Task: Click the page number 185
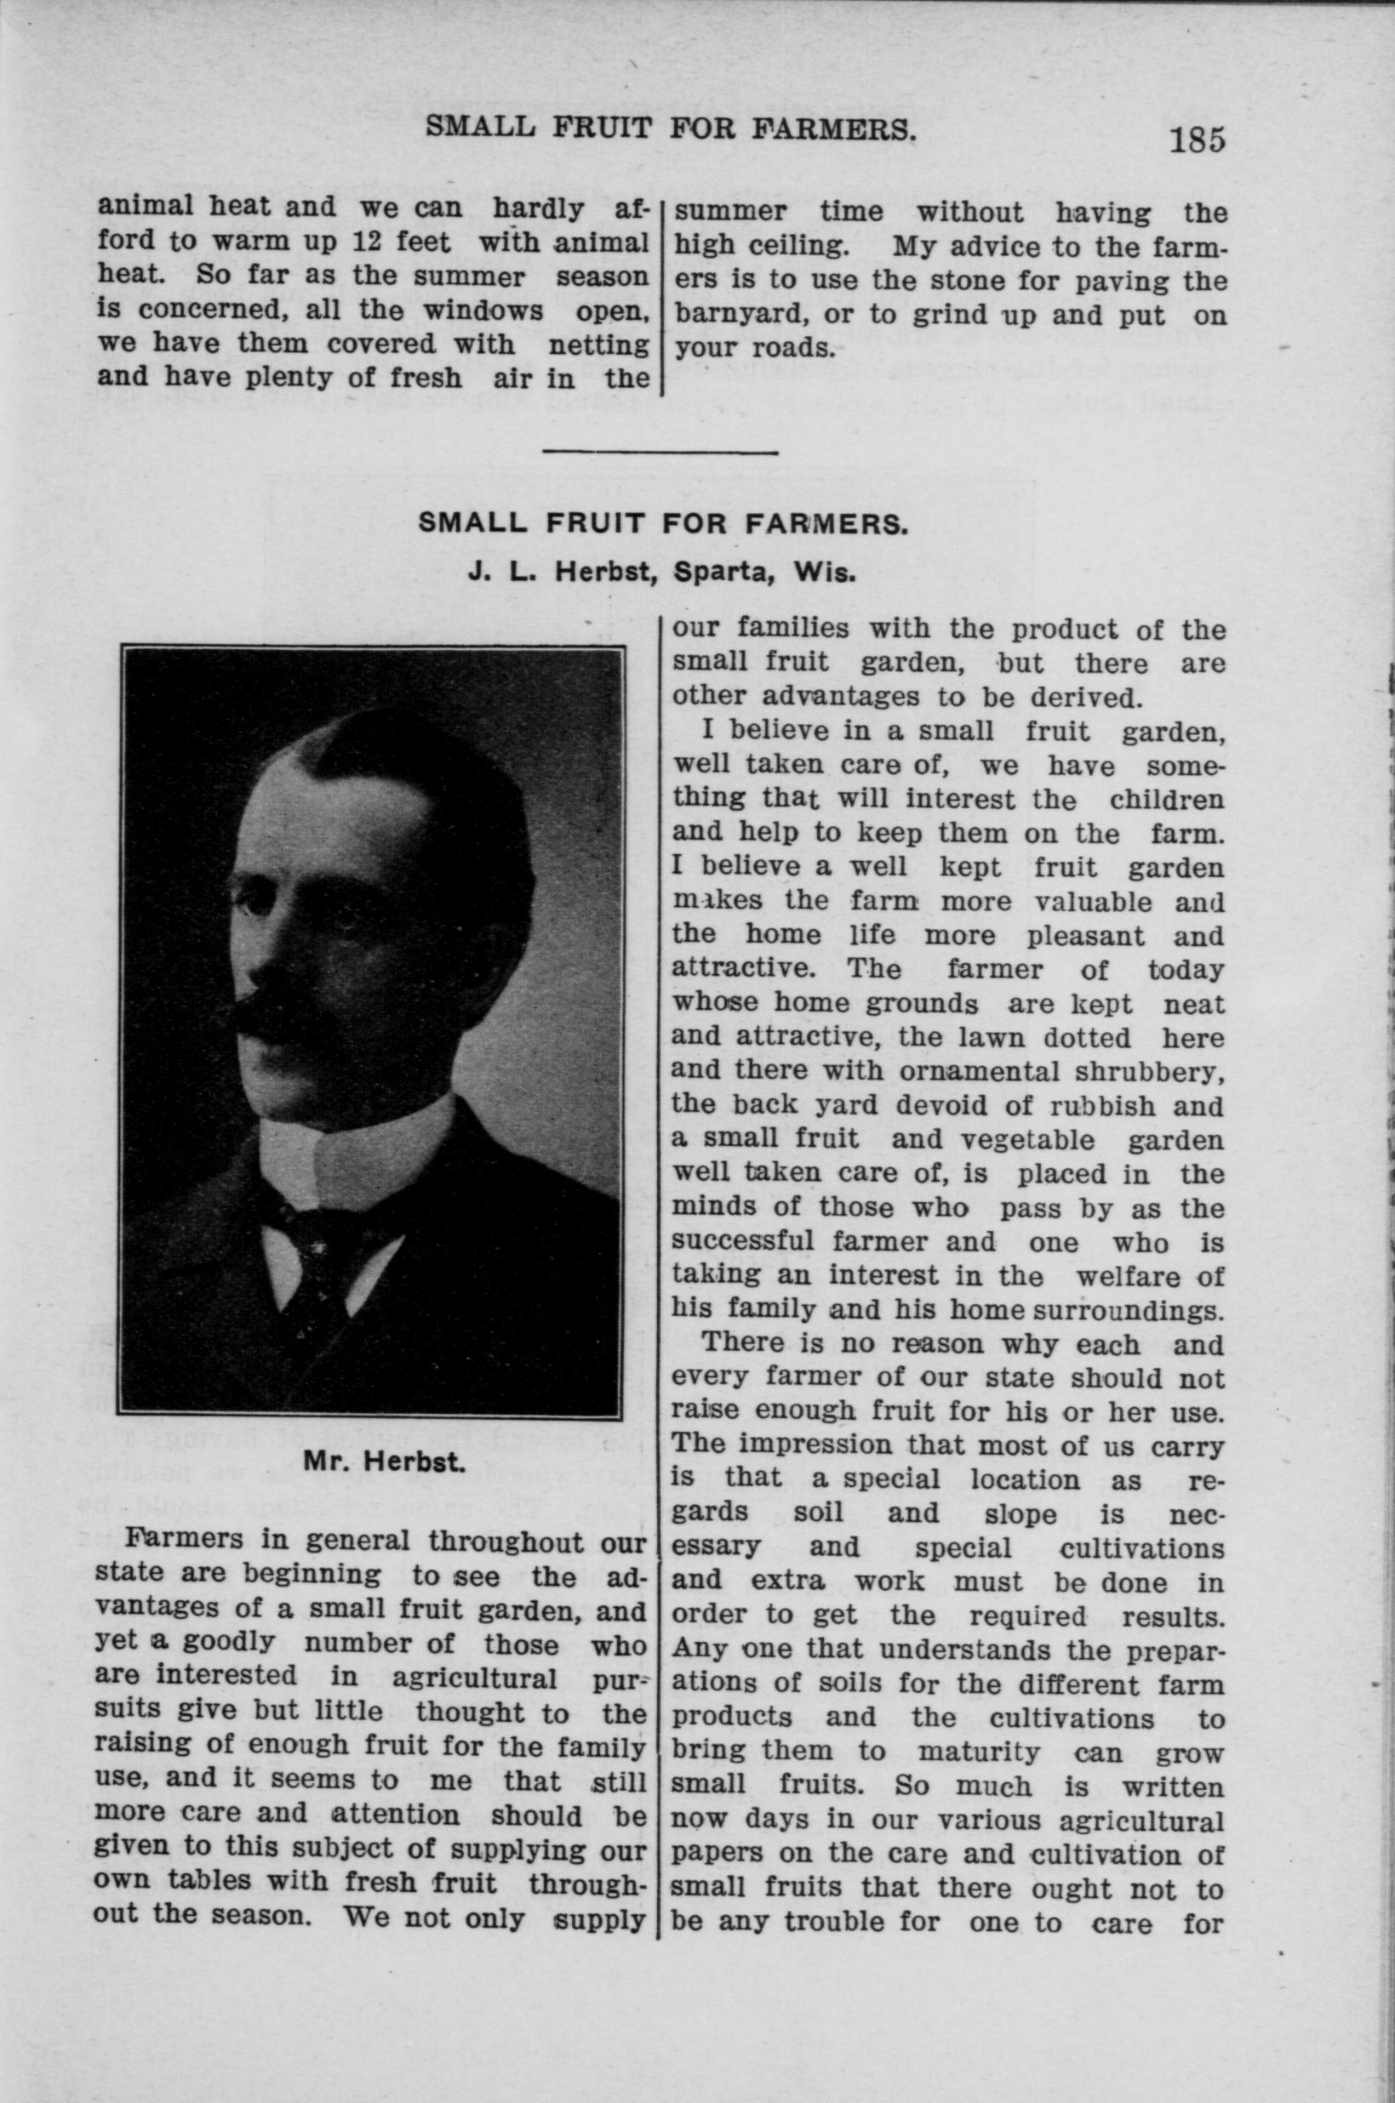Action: tap(1198, 140)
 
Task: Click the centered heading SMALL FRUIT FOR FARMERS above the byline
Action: tap(663, 523)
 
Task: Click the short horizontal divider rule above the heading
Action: tap(660, 453)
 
